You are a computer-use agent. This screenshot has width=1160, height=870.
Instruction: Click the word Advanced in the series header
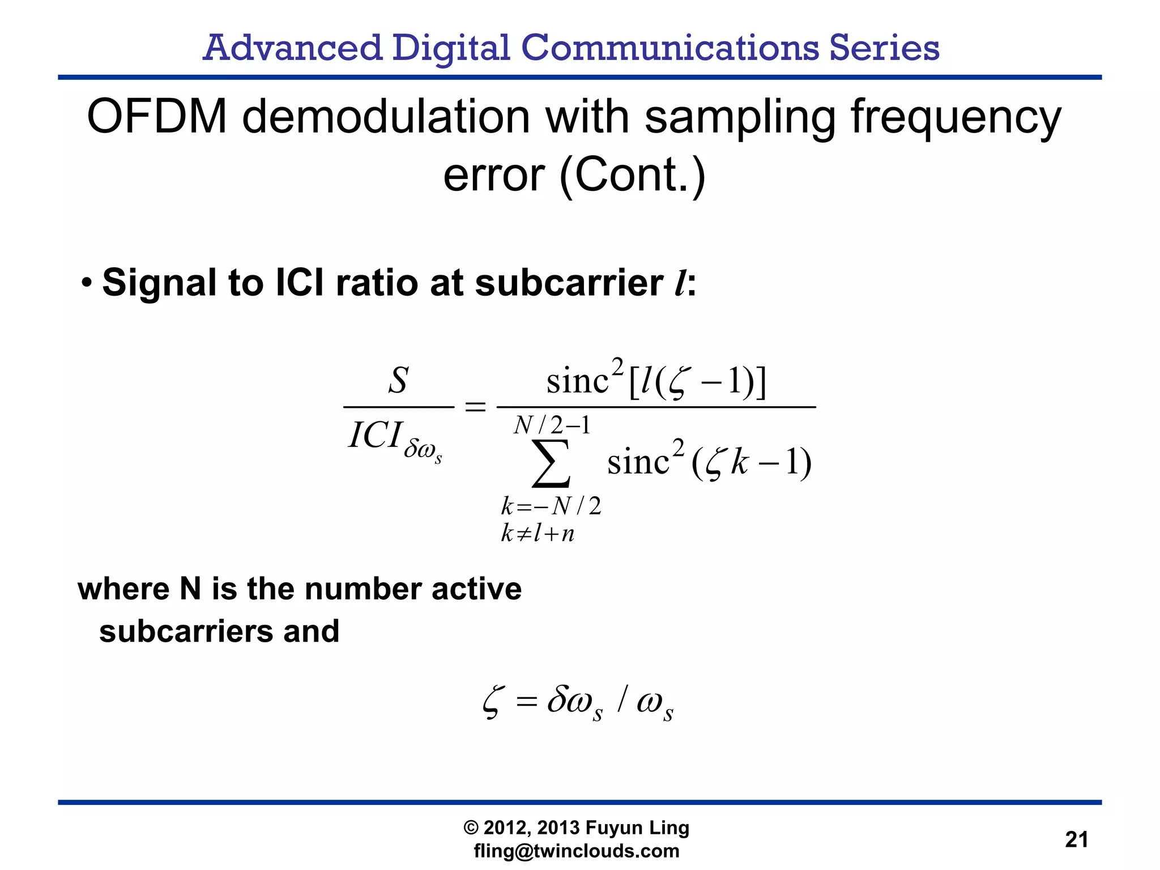pyautogui.click(x=292, y=48)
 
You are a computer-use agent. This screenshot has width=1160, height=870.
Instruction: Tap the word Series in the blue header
pyautogui.click(x=884, y=48)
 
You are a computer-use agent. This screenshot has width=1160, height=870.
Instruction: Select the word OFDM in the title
pyautogui.click(x=157, y=117)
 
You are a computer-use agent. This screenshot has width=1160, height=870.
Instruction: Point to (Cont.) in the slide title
pyautogui.click(x=632, y=176)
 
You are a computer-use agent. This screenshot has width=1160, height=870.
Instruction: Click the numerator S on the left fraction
pyautogui.click(x=398, y=380)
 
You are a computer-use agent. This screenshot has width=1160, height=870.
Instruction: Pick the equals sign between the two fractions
pyautogui.click(x=475, y=407)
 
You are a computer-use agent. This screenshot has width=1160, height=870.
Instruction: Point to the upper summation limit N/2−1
pyautogui.click(x=552, y=425)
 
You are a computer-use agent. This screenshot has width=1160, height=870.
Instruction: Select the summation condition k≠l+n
pyautogui.click(x=538, y=534)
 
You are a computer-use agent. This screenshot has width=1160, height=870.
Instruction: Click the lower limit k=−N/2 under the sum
pyautogui.click(x=551, y=506)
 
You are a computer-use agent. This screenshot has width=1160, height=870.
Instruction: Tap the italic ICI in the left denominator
pyautogui.click(x=375, y=436)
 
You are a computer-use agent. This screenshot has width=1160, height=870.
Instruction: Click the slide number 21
pyautogui.click(x=1076, y=839)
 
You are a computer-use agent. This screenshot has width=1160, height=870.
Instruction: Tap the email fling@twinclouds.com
pyautogui.click(x=577, y=851)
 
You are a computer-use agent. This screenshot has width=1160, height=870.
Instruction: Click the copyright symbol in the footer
pyautogui.click(x=471, y=828)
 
